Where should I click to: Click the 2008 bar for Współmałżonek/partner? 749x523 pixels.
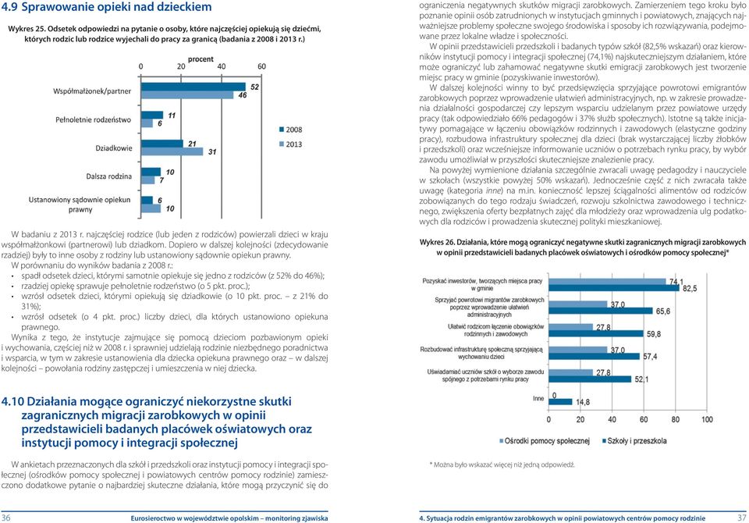[193, 87]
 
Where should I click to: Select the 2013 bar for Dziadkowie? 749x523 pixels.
[172, 151]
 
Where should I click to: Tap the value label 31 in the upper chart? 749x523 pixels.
[212, 152]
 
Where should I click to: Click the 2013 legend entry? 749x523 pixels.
[291, 144]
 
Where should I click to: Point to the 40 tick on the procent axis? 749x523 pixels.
[221, 67]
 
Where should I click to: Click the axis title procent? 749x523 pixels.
[201, 59]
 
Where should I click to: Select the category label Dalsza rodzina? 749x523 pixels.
[109, 176]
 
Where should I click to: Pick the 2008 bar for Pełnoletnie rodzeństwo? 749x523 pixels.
[152, 116]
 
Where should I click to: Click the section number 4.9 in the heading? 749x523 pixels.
[9, 7]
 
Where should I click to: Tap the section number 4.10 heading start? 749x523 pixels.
[12, 401]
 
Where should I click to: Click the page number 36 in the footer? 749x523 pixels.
[5, 518]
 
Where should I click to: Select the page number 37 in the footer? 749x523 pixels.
[742, 518]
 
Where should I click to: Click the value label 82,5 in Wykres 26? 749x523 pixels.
[690, 289]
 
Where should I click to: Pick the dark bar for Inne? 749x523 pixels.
[560, 402]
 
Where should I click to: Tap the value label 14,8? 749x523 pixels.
[582, 403]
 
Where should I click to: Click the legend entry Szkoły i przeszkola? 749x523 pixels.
[634, 441]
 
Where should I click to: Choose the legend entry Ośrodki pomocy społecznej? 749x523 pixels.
[544, 441]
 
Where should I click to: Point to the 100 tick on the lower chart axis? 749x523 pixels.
[707, 419]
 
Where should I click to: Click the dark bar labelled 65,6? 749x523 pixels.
[601, 311]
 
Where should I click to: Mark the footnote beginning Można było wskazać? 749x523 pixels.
[502, 464]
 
